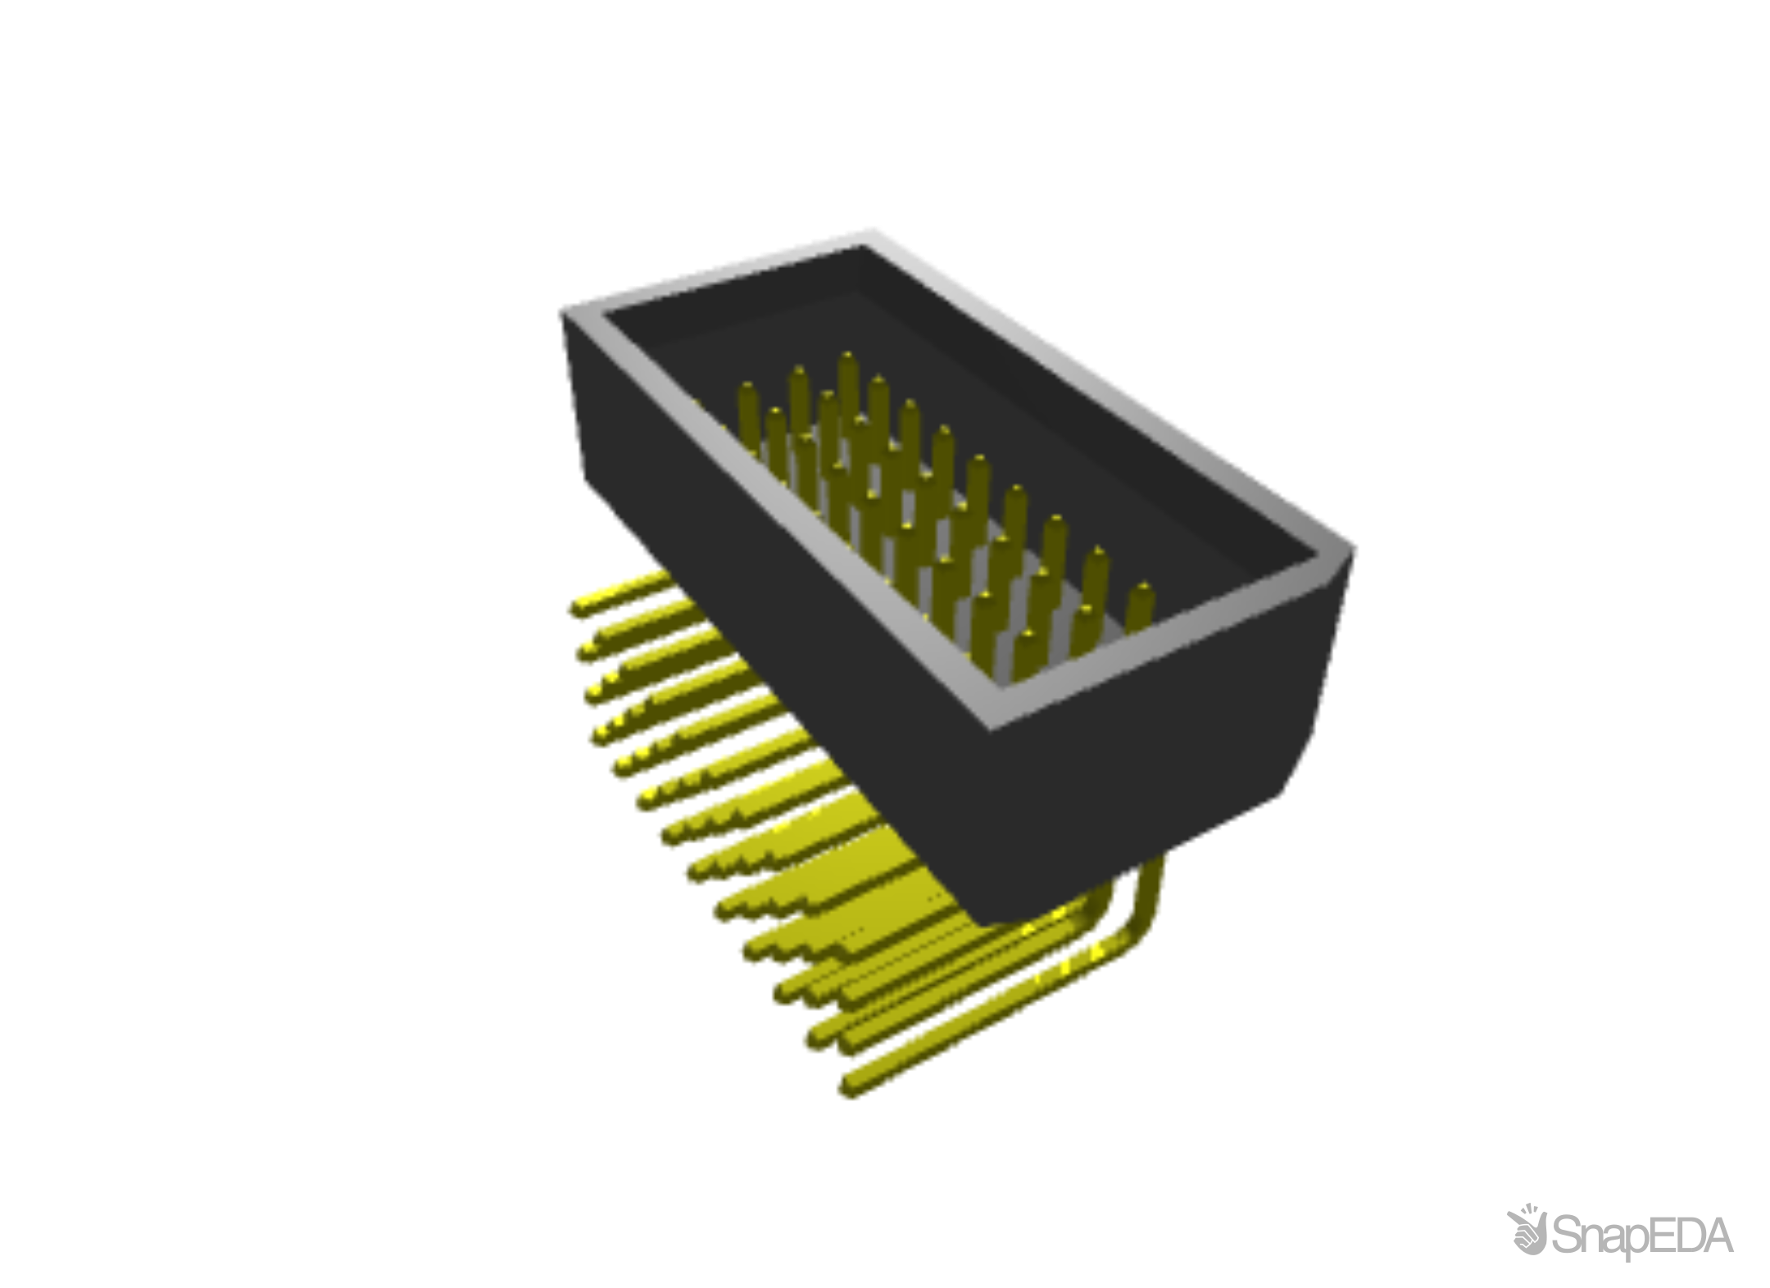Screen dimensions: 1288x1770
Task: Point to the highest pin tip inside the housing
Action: pos(846,358)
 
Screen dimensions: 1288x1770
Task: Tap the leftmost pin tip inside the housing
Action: pos(747,387)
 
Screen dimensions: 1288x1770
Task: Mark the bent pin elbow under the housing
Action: pos(1146,934)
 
